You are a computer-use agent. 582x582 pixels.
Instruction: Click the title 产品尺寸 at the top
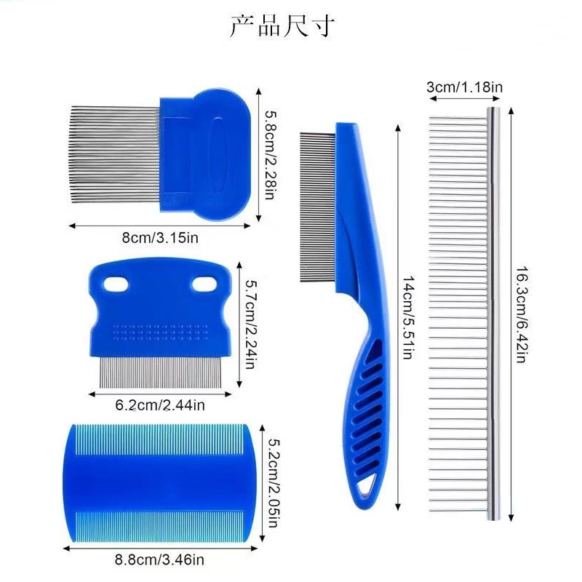pos(282,26)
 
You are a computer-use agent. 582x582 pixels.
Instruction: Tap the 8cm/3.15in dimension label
pos(160,238)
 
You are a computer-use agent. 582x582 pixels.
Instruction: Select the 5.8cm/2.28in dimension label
pos(271,155)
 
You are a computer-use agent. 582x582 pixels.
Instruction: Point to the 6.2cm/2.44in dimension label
pos(160,405)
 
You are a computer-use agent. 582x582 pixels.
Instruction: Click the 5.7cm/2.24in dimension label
pos(251,324)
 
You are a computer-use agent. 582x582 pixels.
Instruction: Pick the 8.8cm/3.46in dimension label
pos(159,559)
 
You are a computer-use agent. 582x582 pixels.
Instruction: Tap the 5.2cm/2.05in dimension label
pos(274,483)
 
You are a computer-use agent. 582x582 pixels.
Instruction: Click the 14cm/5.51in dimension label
pos(408,317)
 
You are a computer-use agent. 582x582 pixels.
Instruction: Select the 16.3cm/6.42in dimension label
pos(522,314)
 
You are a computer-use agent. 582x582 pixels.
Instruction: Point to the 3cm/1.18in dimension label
pos(464,87)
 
